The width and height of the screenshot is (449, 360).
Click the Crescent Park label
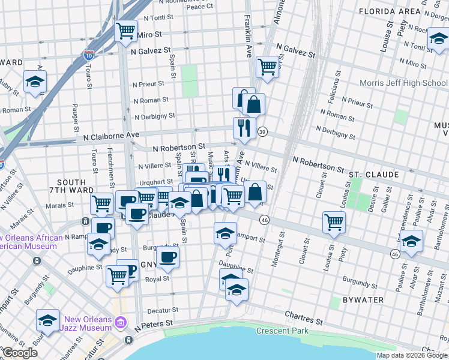point(282,331)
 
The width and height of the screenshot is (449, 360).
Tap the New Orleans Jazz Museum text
point(89,323)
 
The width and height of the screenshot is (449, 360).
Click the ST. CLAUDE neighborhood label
point(373,175)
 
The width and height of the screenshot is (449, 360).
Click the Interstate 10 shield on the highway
point(89,55)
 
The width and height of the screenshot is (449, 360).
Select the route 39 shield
point(262,131)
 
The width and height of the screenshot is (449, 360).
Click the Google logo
point(20,353)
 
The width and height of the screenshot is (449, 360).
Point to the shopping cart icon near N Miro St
point(125,31)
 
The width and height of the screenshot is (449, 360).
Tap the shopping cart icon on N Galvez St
point(267,67)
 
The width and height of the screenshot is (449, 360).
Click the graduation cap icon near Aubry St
point(35,81)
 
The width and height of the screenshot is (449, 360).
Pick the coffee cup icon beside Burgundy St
point(167,258)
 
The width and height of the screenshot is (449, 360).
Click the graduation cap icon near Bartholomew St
point(412,242)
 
